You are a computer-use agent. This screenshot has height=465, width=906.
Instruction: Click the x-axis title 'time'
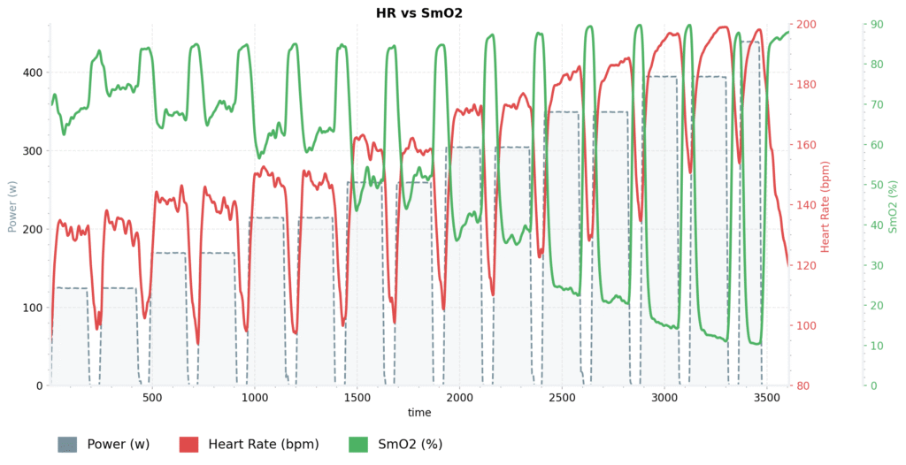click(x=419, y=413)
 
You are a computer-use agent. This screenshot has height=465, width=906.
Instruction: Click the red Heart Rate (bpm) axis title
click(x=825, y=205)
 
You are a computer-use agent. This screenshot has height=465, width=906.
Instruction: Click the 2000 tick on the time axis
click(x=459, y=398)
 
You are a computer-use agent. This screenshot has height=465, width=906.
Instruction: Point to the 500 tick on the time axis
click(x=152, y=398)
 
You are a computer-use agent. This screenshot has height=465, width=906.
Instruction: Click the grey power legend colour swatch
click(x=68, y=444)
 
